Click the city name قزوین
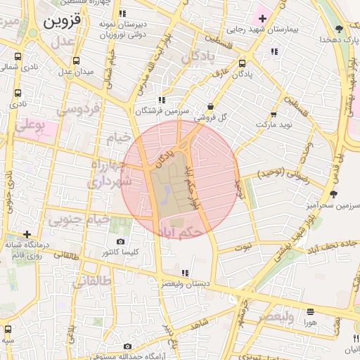point(62,20)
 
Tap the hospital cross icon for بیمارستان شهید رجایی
point(262,18)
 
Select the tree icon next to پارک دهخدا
point(340,29)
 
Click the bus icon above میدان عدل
point(76,58)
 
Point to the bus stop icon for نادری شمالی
point(17,57)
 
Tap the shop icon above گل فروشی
point(210,106)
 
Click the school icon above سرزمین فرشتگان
point(162,100)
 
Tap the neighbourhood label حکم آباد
point(183,230)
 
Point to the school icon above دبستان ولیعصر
point(185,272)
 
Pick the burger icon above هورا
point(310,311)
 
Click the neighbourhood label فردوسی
point(79,110)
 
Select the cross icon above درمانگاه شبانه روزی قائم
point(27,234)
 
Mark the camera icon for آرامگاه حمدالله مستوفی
point(127,347)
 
